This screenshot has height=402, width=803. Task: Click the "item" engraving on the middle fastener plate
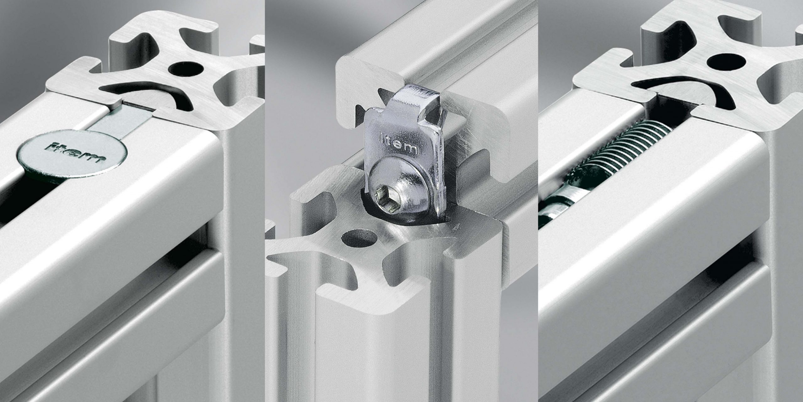click(x=398, y=143)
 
